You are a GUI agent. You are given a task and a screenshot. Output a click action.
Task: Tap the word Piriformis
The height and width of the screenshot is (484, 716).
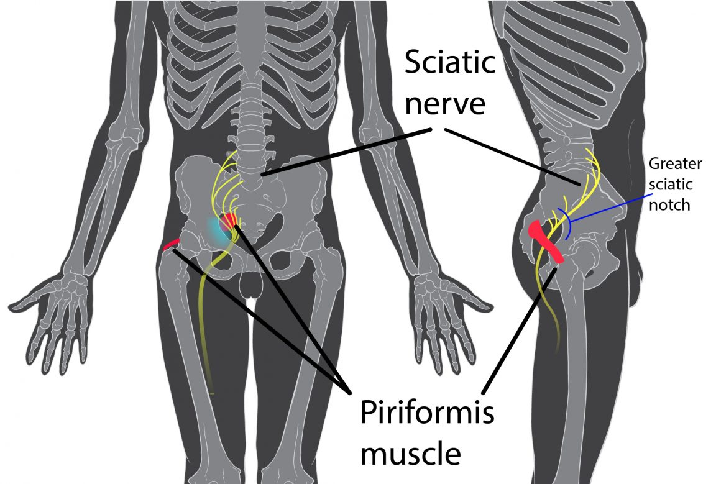click(x=427, y=413)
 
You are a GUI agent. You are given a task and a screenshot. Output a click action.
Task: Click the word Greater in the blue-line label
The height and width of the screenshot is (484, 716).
click(x=675, y=165)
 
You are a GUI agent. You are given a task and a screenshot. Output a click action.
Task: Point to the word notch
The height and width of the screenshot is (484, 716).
click(x=669, y=205)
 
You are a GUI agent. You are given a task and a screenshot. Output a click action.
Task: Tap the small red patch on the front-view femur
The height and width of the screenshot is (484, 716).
click(x=171, y=244)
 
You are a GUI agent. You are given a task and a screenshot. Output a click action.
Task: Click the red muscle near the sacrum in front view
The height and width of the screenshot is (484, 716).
click(x=231, y=220)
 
